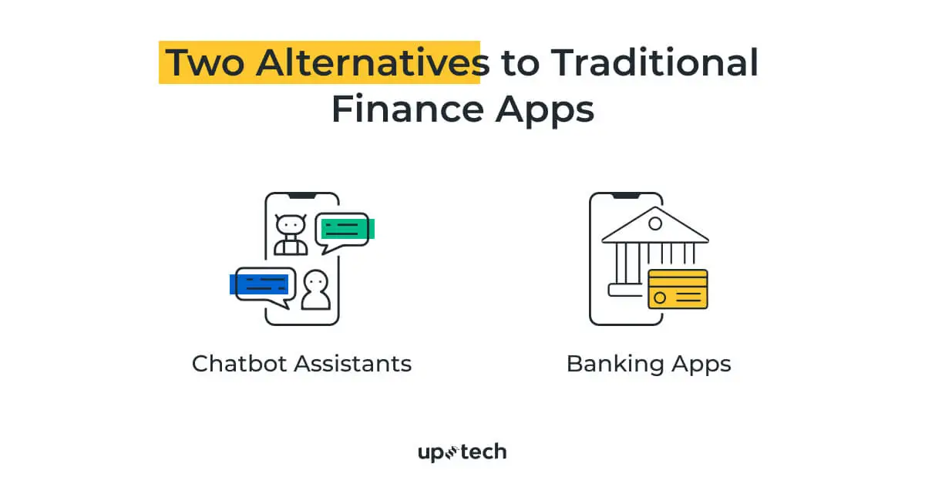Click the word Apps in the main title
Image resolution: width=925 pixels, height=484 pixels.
coord(544,109)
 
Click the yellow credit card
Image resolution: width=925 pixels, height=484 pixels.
coord(678,289)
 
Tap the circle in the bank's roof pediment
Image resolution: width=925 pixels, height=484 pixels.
coord(655,224)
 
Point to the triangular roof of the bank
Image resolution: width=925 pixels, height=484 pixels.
coord(655,227)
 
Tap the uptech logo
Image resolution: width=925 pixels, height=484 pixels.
coord(462,452)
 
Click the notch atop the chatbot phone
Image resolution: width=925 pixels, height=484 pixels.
coord(302,196)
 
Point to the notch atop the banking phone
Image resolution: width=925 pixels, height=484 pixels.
coord(626,196)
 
